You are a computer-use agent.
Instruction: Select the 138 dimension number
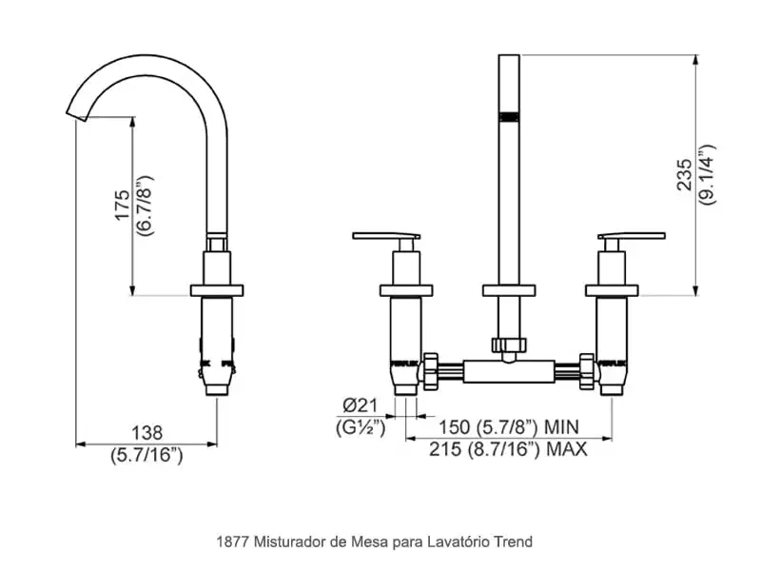[x=146, y=431]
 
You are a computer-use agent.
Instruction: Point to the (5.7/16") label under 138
[x=146, y=455]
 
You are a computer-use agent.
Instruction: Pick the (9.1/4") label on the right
[x=705, y=173]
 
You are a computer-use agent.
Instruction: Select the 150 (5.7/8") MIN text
[x=500, y=426]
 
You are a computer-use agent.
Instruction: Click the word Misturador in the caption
[x=287, y=541]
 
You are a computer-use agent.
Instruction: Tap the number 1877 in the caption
[x=233, y=541]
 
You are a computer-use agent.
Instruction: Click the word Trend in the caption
[x=513, y=541]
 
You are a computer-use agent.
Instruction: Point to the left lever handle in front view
[x=385, y=236]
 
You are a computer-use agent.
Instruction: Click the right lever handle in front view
[x=632, y=236]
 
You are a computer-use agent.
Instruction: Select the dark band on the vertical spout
[x=510, y=116]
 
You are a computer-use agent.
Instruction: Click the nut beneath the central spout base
[x=509, y=345]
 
